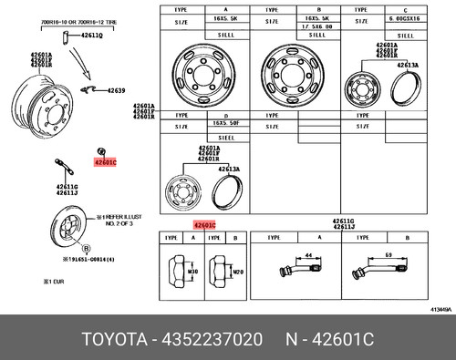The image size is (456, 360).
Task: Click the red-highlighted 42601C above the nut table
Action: pyautogui.click(x=203, y=223)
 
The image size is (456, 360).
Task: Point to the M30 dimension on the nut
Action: pyautogui.click(x=192, y=273)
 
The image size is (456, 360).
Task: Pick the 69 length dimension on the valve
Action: pyautogui.click(x=391, y=257)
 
